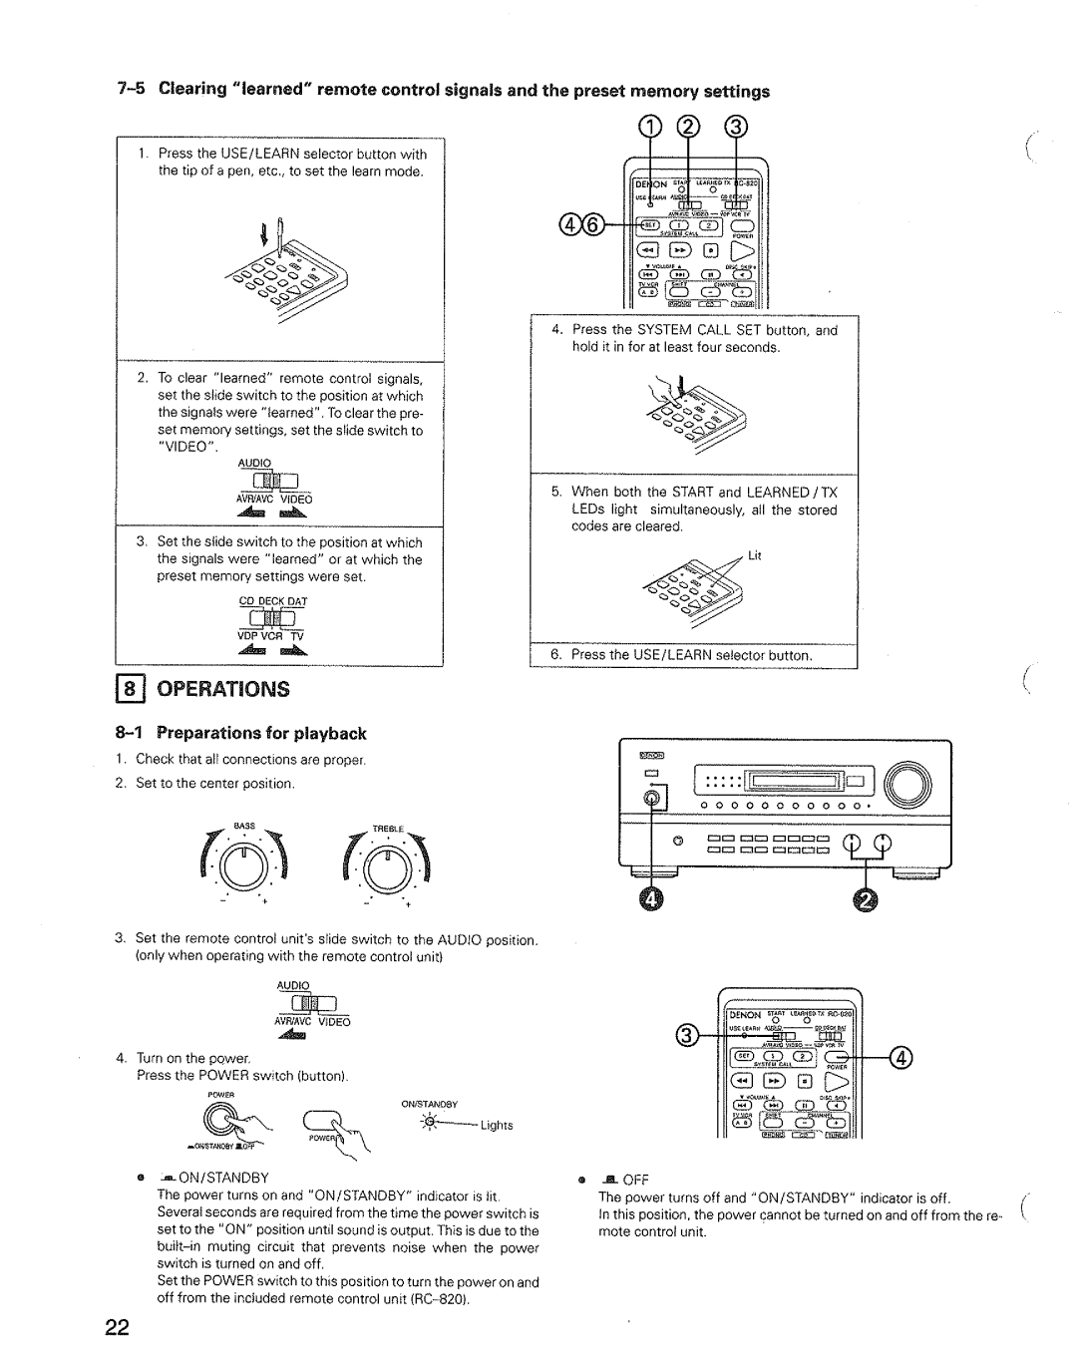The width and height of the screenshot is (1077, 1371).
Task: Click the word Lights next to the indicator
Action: tap(496, 1125)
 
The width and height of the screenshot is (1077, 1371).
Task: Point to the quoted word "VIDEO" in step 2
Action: tap(183, 448)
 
